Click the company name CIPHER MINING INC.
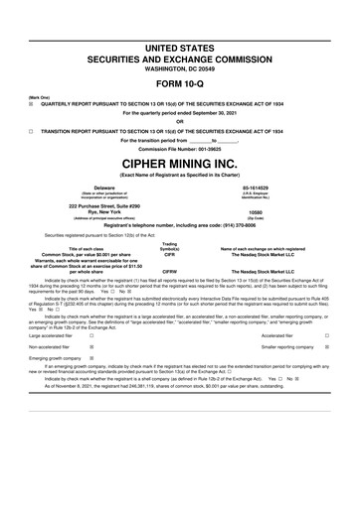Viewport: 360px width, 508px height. (179, 160)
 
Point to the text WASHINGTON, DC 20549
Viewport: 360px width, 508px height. (179, 67)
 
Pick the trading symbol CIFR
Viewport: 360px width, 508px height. (170, 254)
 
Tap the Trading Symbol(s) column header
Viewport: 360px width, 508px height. (170, 245)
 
